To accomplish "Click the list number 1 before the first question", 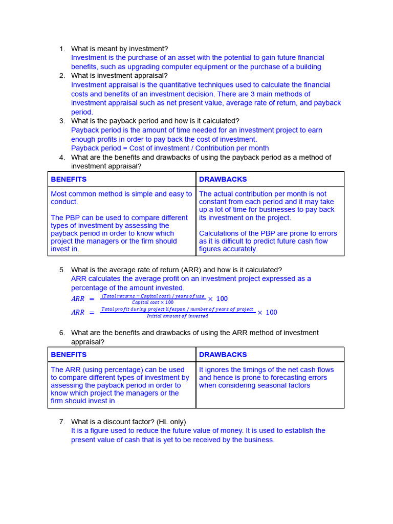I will (62, 49).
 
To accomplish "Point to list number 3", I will (62, 121).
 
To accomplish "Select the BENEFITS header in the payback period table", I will (69, 180).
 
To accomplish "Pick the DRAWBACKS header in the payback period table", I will (223, 180).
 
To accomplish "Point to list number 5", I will (62, 270).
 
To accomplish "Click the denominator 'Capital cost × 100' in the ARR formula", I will (152, 302).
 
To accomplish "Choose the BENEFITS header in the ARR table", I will (69, 355).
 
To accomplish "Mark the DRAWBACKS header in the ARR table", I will (223, 355).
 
